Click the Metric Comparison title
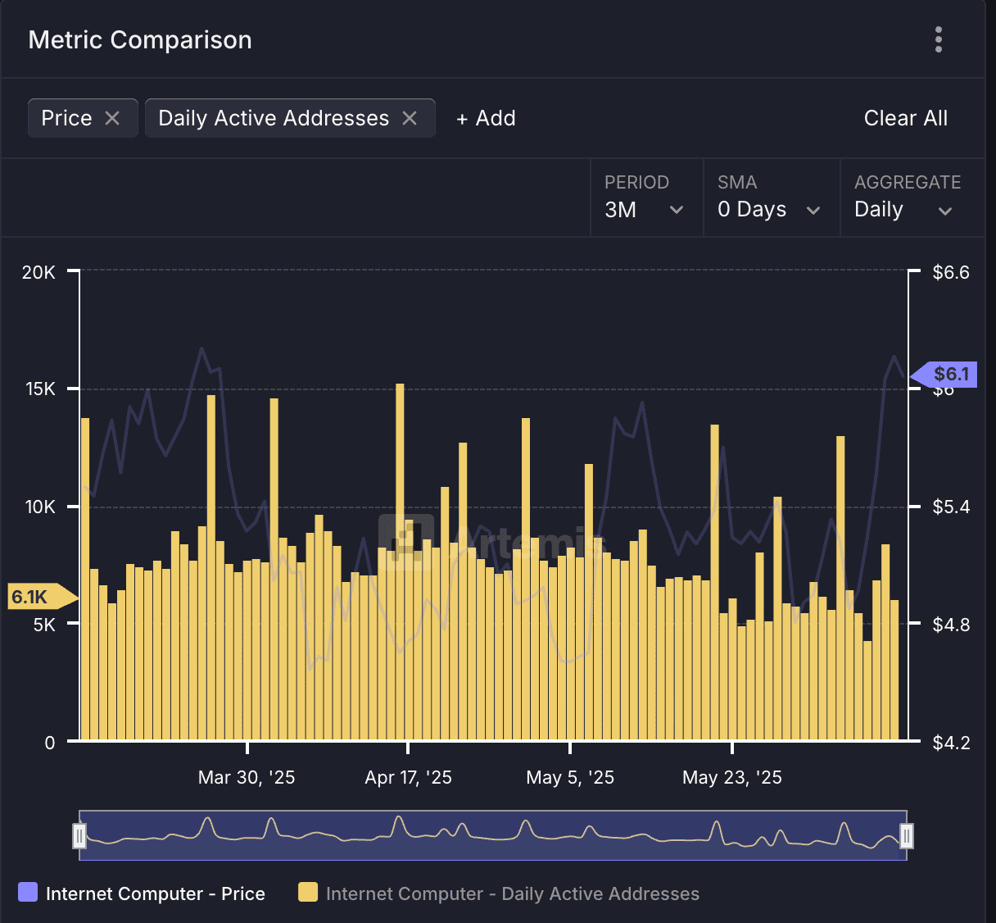(140, 40)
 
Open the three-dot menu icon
(939, 39)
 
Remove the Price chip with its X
(112, 118)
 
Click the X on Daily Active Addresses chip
(410, 118)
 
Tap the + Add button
(486, 118)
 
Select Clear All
(905, 118)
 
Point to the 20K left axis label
(38, 272)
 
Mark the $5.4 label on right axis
(951, 507)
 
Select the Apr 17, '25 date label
(408, 777)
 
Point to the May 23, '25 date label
(731, 777)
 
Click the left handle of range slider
(79, 835)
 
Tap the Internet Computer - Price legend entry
(142, 893)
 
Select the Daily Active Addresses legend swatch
(308, 893)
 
